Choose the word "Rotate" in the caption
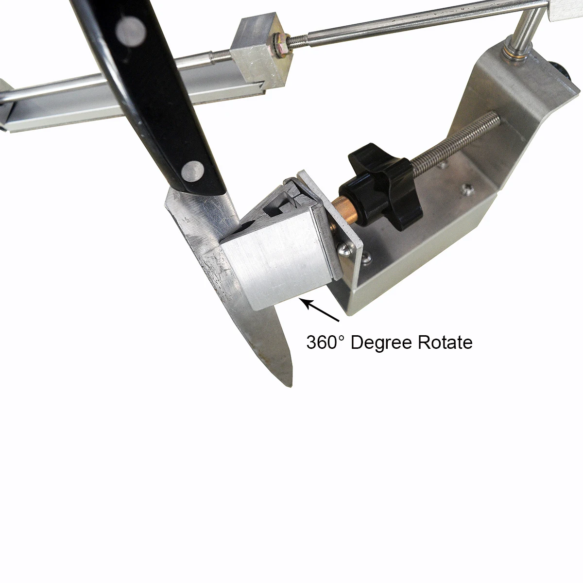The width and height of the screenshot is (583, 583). pos(445,343)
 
